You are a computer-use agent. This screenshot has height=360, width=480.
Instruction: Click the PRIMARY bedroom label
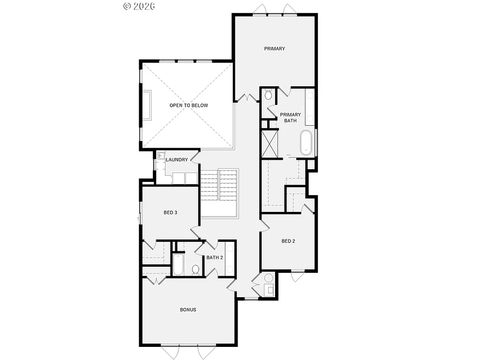click(274, 49)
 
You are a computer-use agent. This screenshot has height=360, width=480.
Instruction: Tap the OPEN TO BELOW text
click(188, 105)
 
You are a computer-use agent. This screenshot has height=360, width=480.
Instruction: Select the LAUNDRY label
click(177, 160)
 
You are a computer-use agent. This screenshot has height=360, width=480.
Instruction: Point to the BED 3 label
click(170, 212)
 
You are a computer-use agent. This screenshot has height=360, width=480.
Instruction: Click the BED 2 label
click(288, 241)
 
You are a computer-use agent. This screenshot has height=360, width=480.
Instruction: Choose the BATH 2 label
click(215, 257)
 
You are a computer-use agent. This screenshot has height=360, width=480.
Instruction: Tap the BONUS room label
click(188, 310)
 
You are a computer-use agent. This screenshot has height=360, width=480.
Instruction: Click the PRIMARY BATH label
click(290, 118)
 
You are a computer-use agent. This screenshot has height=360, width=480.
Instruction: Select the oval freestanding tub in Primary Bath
click(306, 142)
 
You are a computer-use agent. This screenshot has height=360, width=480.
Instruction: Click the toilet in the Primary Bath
click(268, 95)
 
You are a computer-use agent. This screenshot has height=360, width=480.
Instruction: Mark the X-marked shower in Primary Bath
click(270, 144)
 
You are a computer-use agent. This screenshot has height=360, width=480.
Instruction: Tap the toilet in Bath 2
click(196, 270)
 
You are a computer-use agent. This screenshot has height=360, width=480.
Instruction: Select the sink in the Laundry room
click(161, 157)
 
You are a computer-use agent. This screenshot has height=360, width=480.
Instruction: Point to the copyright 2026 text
click(139, 6)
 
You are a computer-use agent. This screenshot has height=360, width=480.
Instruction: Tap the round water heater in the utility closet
click(269, 278)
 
